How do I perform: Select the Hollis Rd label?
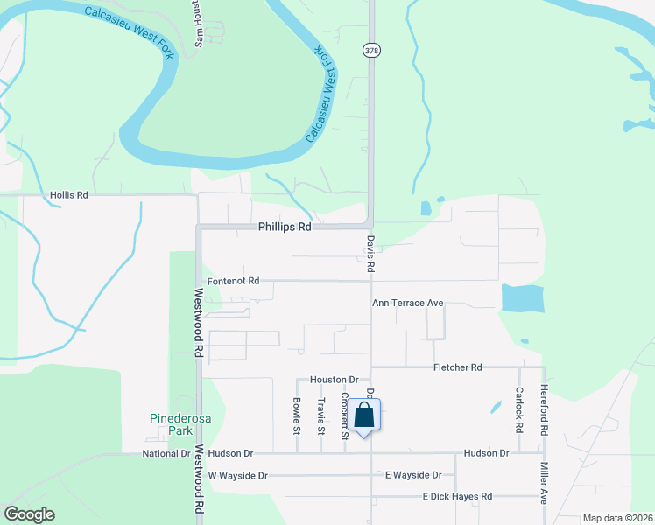tap(70, 195)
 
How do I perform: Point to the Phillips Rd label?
tap(285, 227)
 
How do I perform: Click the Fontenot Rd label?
tap(233, 281)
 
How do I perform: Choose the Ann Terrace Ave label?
tap(407, 303)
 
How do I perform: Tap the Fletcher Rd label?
tap(458, 368)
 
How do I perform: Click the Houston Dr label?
tap(335, 380)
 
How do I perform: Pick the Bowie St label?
tap(296, 417)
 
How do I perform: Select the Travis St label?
tap(321, 416)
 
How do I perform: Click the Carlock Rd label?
tap(519, 410)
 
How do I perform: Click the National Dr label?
tap(166, 453)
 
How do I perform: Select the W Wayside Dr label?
tap(237, 475)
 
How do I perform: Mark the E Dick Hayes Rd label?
tap(457, 496)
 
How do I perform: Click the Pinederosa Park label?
tap(168, 424)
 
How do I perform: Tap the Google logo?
tap(29, 514)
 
